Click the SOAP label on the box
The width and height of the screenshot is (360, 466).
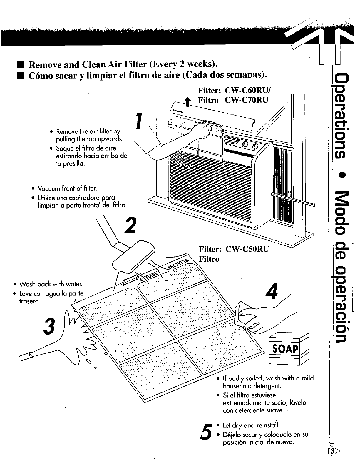[x=285, y=349]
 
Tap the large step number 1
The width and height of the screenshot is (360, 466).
[x=139, y=121]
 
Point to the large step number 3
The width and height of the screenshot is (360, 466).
[x=49, y=326]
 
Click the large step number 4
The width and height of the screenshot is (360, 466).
[x=272, y=290]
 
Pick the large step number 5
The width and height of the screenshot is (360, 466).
[x=206, y=432]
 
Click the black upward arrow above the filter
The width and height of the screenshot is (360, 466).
[x=188, y=102]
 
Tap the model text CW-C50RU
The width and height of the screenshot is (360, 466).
[x=247, y=249]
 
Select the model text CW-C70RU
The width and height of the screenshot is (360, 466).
[x=247, y=100]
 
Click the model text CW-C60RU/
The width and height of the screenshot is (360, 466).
[x=248, y=91]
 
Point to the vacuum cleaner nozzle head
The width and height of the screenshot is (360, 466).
[x=134, y=257]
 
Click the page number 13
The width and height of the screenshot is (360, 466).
[x=331, y=451]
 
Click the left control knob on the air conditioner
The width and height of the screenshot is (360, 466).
[x=245, y=145]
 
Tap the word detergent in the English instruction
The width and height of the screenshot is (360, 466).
[x=267, y=386]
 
